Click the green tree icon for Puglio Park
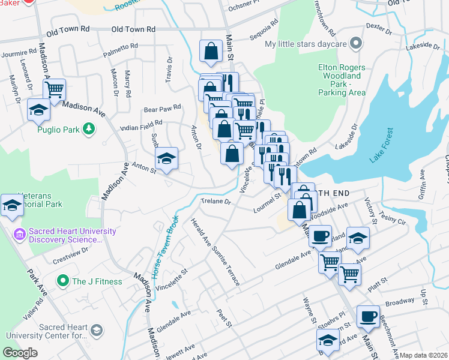pos(89,128)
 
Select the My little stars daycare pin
pos(357,44)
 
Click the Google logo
pos(20,353)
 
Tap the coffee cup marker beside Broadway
pos(368,316)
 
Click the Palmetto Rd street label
pos(121,45)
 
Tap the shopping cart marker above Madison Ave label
pos(54,90)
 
